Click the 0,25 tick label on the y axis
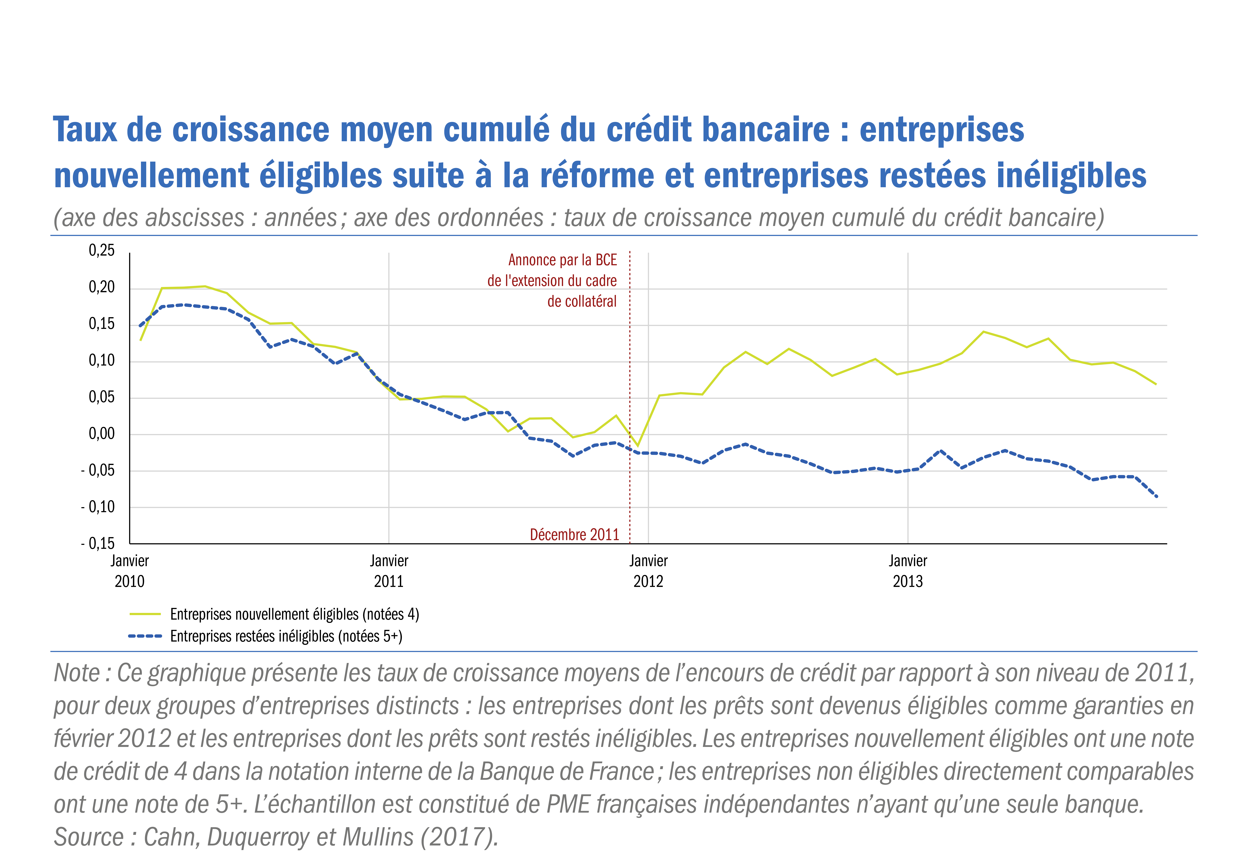tap(102, 250)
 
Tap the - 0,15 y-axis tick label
tap(98, 544)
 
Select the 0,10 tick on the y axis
tap(102, 360)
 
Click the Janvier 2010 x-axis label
tap(129, 571)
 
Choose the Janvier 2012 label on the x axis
tap(648, 571)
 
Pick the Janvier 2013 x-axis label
tap(907, 571)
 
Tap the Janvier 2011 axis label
tap(389, 571)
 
